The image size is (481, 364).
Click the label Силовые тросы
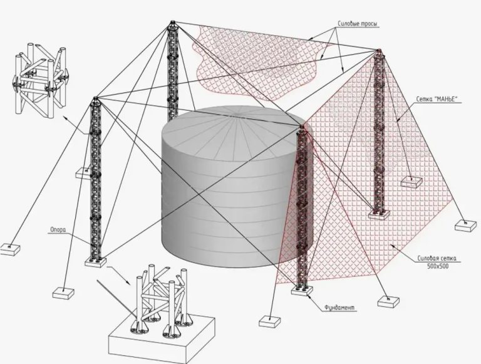[358, 24]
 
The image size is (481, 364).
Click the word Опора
[58, 229]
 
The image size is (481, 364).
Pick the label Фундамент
[339, 307]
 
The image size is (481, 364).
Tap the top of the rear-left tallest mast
[173, 23]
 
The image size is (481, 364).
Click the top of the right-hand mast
[379, 50]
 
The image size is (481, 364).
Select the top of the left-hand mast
[95, 98]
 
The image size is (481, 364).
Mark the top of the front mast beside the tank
[302, 126]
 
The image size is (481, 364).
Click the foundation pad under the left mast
[95, 263]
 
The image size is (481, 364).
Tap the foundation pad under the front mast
[302, 290]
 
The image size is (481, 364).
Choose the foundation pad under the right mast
[379, 214]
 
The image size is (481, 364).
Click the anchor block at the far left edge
[9, 249]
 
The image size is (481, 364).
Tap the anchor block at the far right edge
[466, 226]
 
